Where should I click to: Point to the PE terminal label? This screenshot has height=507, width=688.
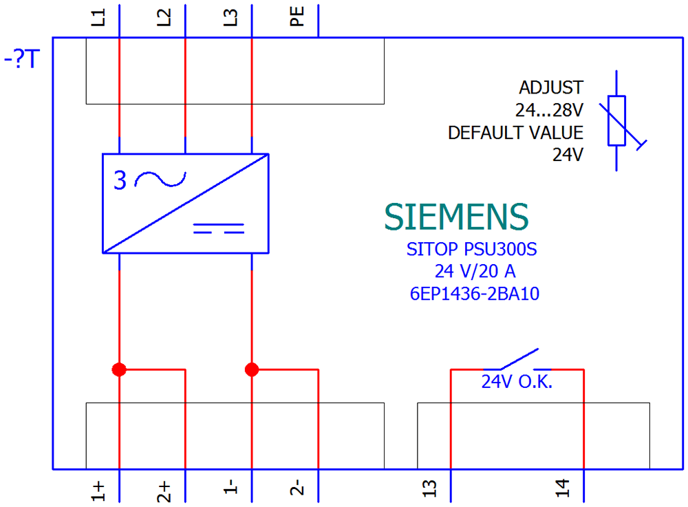(297, 18)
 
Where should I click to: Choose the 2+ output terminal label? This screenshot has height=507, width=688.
(165, 490)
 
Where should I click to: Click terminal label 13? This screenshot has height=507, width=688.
(430, 490)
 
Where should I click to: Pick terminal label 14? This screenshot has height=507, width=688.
(563, 490)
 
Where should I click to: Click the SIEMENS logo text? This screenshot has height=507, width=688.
(457, 217)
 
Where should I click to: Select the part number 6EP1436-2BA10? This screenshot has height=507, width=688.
(474, 294)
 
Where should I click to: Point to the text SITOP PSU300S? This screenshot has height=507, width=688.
(471, 249)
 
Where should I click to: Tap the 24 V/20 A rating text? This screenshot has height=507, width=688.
(474, 271)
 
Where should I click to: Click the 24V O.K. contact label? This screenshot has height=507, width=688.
(517, 382)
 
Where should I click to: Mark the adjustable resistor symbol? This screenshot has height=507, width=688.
(617, 120)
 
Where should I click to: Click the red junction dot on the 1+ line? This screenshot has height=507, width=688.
(120, 369)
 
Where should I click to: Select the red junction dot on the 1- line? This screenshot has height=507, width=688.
(252, 369)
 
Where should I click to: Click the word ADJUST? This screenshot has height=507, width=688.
(551, 88)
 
